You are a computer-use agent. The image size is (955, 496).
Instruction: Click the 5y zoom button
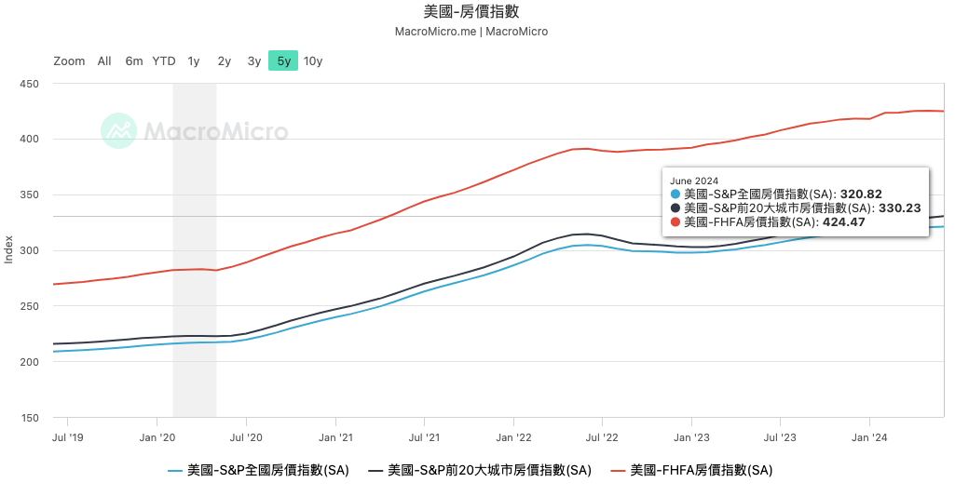tap(283, 61)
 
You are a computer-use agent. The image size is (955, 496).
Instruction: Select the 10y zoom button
tap(313, 61)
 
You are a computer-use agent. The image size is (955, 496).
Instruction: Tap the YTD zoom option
tap(164, 61)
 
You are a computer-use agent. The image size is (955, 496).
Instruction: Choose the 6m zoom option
tap(134, 61)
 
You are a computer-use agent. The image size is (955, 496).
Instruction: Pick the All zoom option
tap(104, 61)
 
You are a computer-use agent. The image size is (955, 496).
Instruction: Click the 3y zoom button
tap(254, 61)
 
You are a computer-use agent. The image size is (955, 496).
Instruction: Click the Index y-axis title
tap(9, 249)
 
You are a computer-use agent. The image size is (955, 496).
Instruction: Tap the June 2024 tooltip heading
tap(695, 181)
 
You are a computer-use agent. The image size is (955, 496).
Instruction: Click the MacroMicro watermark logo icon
tap(119, 131)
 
